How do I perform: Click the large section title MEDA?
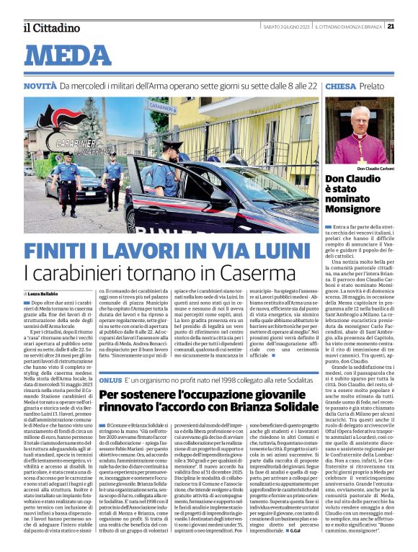[72, 55]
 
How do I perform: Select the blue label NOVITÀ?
[40, 86]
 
